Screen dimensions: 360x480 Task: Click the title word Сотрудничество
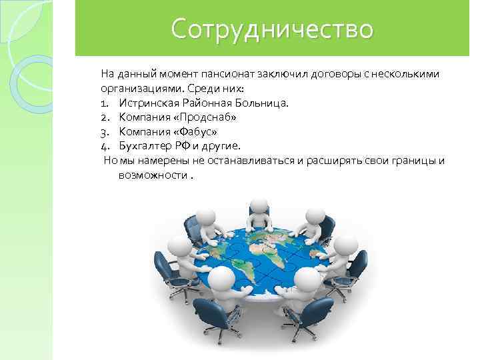click(x=272, y=29)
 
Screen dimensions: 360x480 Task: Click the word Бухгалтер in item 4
click(x=147, y=146)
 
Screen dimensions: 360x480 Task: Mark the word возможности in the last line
click(x=152, y=175)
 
